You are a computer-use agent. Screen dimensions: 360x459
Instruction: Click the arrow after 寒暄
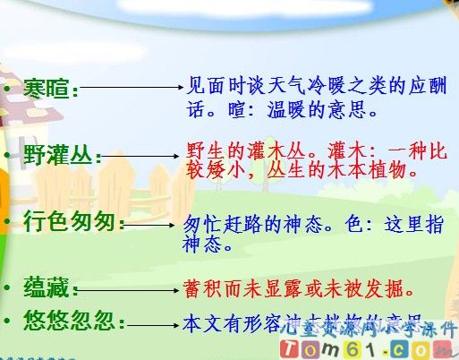click(133, 89)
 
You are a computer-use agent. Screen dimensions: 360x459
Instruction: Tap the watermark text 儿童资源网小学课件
click(385, 328)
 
